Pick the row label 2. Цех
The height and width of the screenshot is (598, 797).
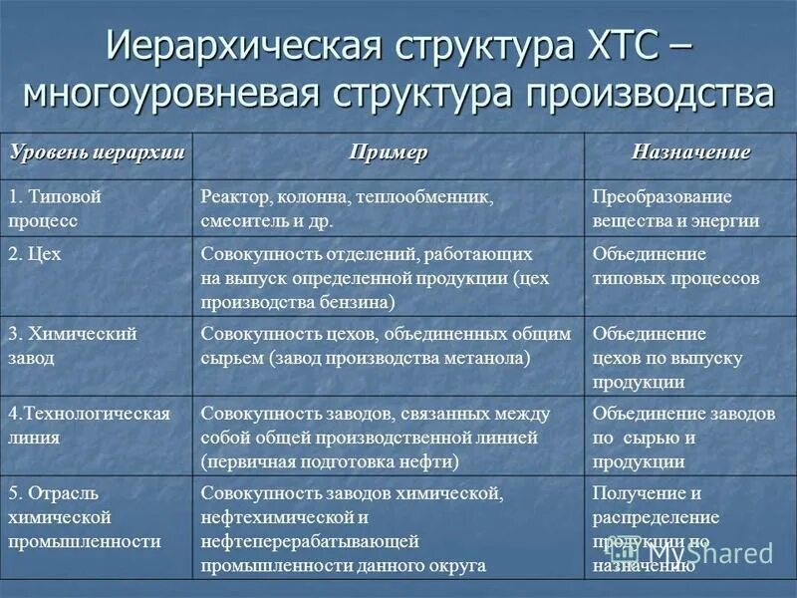(x=36, y=254)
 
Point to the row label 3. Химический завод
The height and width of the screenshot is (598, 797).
(x=73, y=344)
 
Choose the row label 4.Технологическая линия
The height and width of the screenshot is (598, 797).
(x=90, y=424)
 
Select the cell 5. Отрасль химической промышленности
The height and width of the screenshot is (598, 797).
(x=85, y=517)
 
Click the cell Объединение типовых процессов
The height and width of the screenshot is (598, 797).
(x=675, y=265)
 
